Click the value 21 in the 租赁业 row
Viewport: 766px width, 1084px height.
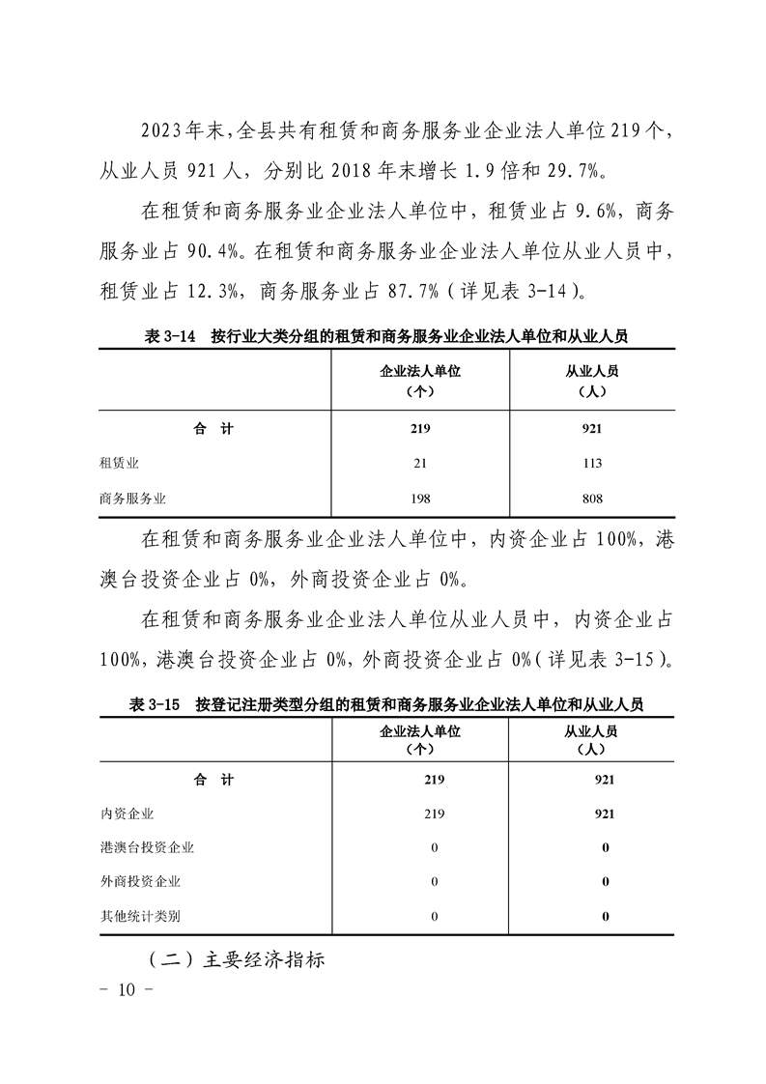[420, 464]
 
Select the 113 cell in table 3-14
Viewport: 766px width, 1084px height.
[592, 464]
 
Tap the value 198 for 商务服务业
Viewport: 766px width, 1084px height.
[420, 499]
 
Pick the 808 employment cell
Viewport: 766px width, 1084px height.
[592, 499]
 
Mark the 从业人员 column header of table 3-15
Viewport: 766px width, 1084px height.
[591, 739]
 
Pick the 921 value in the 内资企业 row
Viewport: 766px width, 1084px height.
[605, 813]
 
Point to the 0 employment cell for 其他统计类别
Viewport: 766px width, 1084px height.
[605, 916]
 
